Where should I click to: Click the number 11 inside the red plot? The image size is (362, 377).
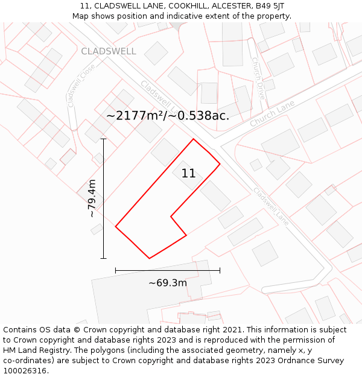(188, 174)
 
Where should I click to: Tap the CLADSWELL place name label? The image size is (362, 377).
(109, 51)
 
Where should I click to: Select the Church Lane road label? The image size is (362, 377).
(272, 113)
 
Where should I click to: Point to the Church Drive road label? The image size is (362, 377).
(258, 78)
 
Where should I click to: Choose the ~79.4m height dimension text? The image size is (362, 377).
(92, 198)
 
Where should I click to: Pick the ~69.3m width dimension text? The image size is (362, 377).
(168, 282)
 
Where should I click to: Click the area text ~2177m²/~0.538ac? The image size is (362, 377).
(168, 115)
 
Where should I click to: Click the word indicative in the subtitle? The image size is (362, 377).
(183, 16)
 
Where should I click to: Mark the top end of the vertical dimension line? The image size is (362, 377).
(103, 139)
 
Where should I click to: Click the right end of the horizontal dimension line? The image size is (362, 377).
(220, 270)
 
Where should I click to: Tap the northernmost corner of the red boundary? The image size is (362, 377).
(193, 139)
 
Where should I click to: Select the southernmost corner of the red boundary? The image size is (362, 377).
(149, 258)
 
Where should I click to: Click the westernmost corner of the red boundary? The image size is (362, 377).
(115, 227)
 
